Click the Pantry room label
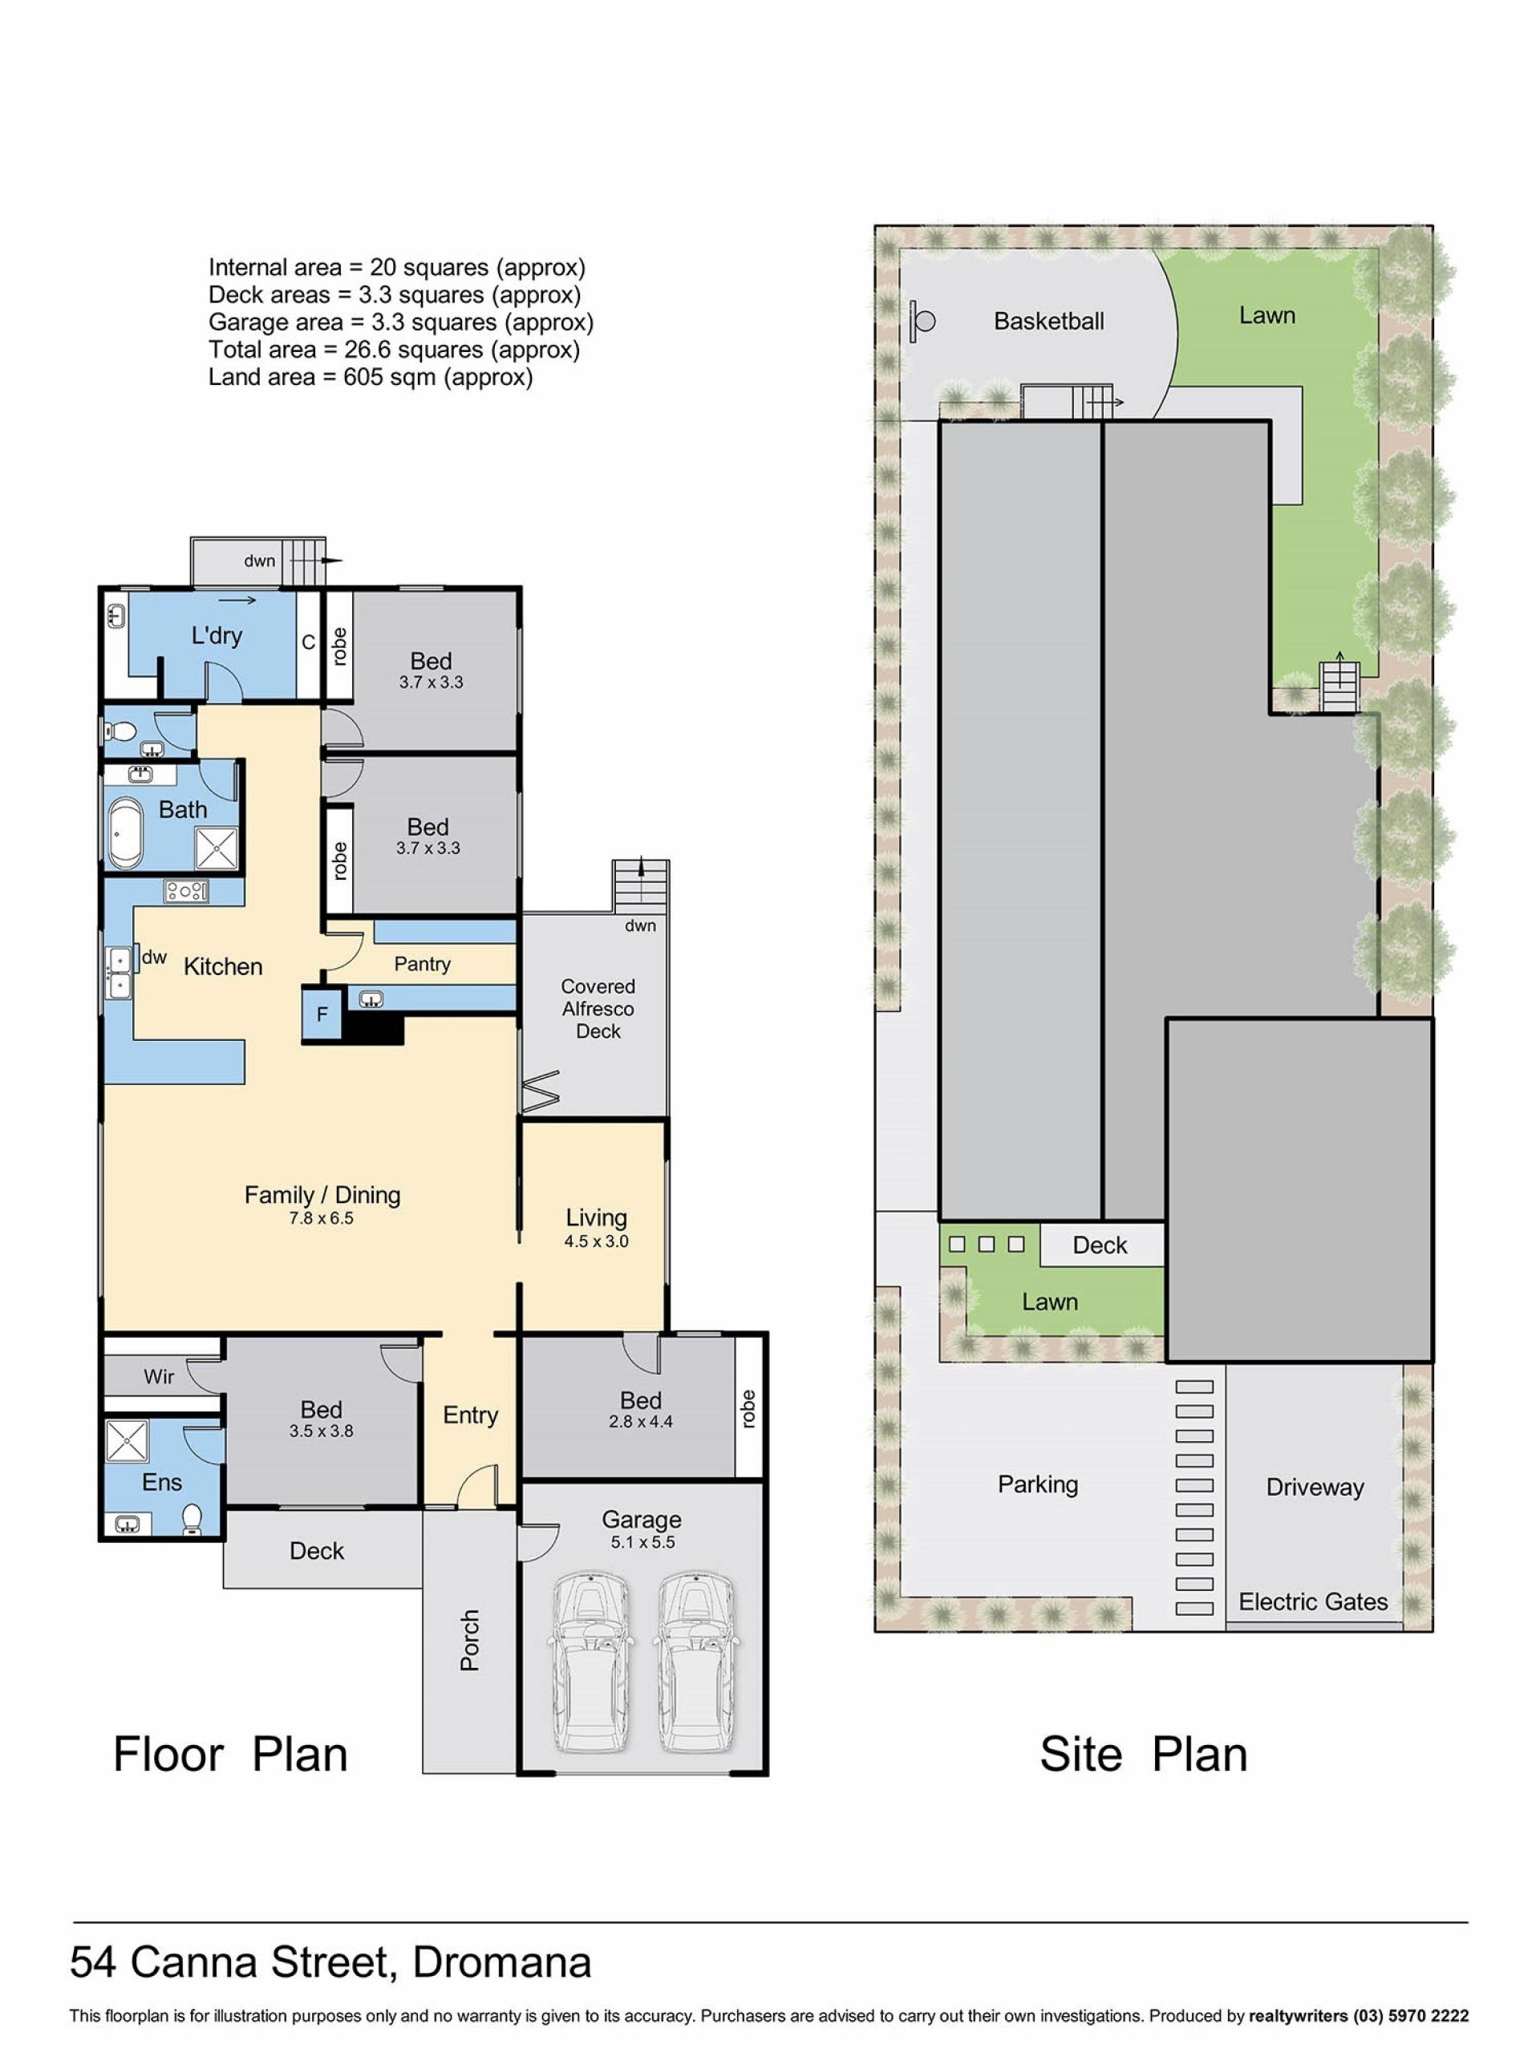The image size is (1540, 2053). tap(423, 964)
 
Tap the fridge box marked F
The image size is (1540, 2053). tap(321, 1014)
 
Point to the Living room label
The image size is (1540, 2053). tap(596, 1217)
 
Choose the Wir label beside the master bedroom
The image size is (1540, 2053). tap(159, 1376)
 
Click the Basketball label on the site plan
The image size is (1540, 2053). tap(1049, 321)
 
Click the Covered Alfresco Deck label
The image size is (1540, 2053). tap(598, 1009)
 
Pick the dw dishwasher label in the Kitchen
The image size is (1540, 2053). tap(154, 957)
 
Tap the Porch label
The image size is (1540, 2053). tap(470, 1640)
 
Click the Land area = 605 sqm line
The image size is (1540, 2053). tap(371, 377)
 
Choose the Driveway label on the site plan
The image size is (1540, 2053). tap(1315, 1487)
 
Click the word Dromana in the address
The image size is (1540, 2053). tap(501, 1962)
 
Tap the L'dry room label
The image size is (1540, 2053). tap(217, 636)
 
